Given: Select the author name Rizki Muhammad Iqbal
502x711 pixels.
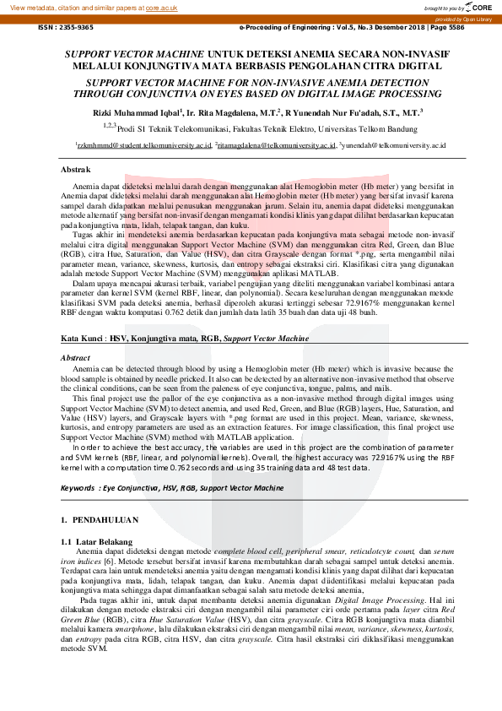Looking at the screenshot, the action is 129,111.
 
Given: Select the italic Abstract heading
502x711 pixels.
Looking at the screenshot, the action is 76,358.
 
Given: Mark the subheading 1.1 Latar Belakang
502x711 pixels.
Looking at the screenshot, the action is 97,540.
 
